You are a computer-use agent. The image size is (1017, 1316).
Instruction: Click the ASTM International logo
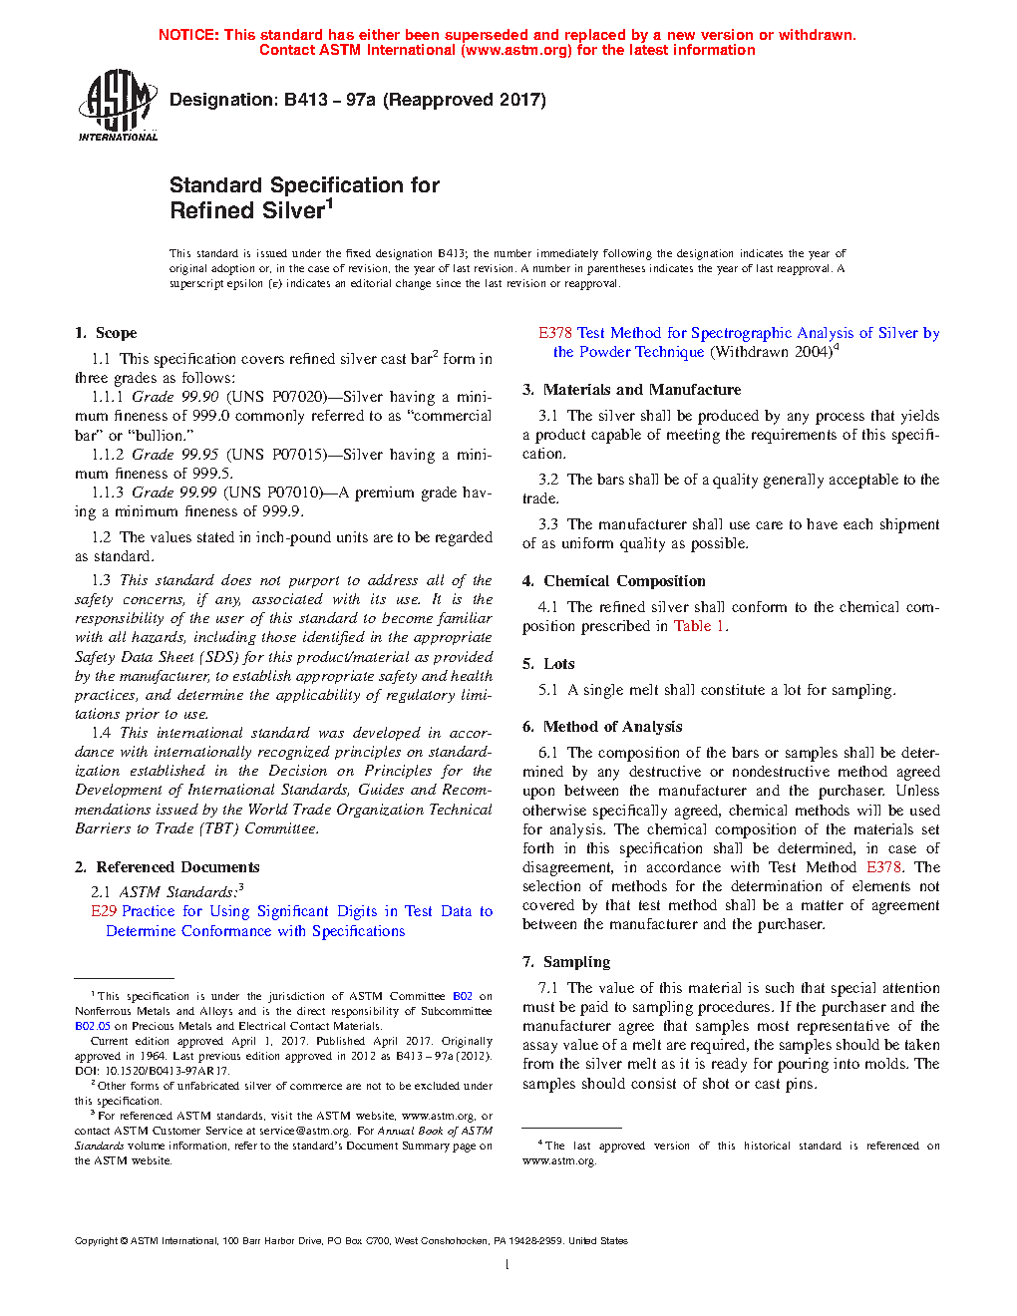[118, 104]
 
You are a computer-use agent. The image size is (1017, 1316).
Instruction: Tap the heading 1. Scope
[106, 333]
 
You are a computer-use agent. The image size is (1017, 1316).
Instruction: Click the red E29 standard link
[104, 911]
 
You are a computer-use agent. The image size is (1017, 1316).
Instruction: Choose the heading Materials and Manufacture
[642, 390]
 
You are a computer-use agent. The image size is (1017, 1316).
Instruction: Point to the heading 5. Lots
[548, 664]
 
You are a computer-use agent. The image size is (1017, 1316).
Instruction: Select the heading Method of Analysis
[612, 727]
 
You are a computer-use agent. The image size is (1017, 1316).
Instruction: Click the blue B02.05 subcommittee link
[93, 1026]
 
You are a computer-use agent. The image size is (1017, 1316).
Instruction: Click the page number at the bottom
[508, 1265]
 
